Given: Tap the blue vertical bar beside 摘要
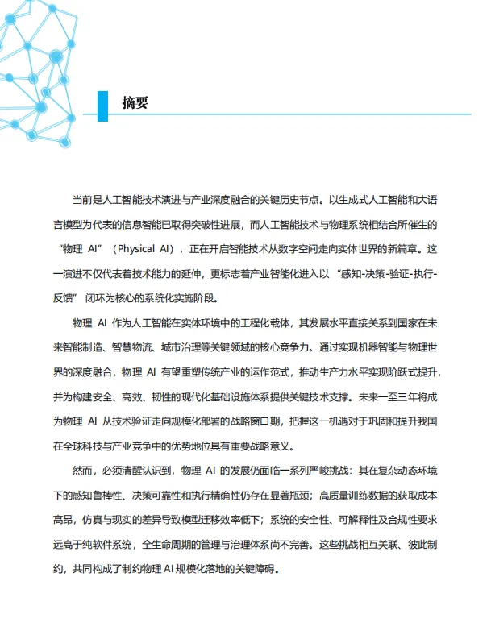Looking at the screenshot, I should (x=102, y=103).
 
